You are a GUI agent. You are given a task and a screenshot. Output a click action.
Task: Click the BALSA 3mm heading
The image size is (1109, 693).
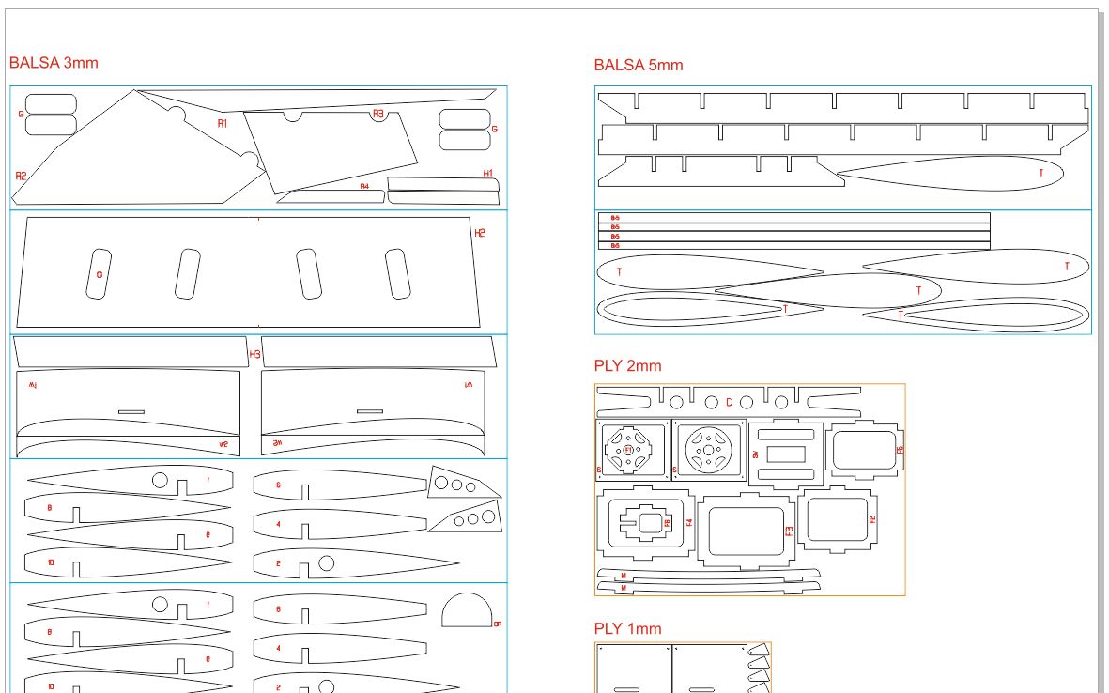54,63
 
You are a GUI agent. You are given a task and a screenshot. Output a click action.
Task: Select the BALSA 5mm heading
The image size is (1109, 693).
638,65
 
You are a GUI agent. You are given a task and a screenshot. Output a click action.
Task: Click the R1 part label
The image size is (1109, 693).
223,124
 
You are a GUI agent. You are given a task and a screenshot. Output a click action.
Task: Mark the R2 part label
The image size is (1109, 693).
21,176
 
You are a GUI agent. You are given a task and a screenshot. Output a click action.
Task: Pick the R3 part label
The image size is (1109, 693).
378,114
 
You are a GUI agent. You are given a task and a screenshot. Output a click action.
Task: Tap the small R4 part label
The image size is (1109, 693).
364,187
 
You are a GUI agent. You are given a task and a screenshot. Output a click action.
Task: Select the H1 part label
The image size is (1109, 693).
488,174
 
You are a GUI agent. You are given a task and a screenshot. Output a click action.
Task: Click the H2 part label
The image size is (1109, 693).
480,233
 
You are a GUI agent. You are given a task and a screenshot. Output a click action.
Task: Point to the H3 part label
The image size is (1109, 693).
254,354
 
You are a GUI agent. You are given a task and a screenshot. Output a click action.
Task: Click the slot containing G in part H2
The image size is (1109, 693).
99,274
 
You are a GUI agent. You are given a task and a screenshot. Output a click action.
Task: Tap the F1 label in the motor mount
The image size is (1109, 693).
629,450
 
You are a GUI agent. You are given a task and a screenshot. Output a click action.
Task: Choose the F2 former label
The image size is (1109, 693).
872,519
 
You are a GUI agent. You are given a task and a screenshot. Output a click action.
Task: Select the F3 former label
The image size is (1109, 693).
789,531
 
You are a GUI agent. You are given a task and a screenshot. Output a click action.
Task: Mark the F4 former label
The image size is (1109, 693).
689,522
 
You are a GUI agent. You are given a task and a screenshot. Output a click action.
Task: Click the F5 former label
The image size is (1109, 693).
900,450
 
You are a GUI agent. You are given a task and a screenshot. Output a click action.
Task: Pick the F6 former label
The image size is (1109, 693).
668,523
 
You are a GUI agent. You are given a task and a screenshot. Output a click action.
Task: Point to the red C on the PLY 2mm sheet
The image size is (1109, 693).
729,403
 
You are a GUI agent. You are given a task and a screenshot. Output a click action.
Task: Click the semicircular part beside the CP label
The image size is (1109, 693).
466,611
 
